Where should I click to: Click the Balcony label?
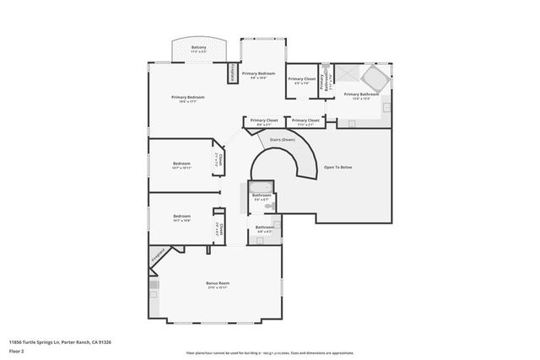[199, 47]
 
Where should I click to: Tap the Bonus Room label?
[219, 282]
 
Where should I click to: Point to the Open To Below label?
[337, 167]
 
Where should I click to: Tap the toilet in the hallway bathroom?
[268, 205]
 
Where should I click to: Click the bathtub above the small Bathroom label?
[261, 186]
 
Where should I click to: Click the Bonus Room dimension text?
[219, 287]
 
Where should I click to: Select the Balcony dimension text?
[199, 52]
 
